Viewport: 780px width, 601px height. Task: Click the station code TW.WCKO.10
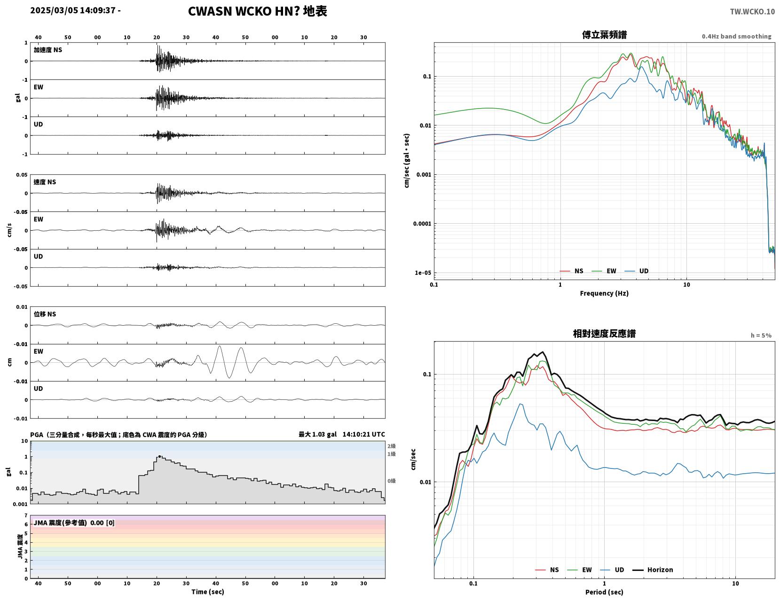[752, 11]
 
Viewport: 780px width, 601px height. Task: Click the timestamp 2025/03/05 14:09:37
[73, 10]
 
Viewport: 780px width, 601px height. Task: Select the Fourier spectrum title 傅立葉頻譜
[604, 35]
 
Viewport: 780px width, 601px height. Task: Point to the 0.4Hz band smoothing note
[736, 36]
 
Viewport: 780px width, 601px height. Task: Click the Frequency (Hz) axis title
[604, 293]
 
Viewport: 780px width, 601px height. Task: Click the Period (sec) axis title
[604, 592]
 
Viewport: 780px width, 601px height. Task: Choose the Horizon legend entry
[653, 570]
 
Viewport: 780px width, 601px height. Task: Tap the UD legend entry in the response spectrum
[612, 570]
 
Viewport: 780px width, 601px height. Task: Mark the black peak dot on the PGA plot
[160, 456]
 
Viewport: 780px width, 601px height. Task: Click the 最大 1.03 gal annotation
[318, 434]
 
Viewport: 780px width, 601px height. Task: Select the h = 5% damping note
[761, 336]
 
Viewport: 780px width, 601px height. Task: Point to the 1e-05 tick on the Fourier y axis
[423, 273]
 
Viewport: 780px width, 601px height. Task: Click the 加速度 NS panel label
[48, 50]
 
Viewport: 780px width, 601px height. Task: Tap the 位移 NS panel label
[45, 314]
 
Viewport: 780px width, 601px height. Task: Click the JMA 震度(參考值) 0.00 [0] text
[74, 523]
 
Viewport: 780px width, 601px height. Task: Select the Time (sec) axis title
[207, 591]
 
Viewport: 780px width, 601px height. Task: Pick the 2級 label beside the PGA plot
[391, 446]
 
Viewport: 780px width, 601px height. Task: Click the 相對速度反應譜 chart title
[604, 334]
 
